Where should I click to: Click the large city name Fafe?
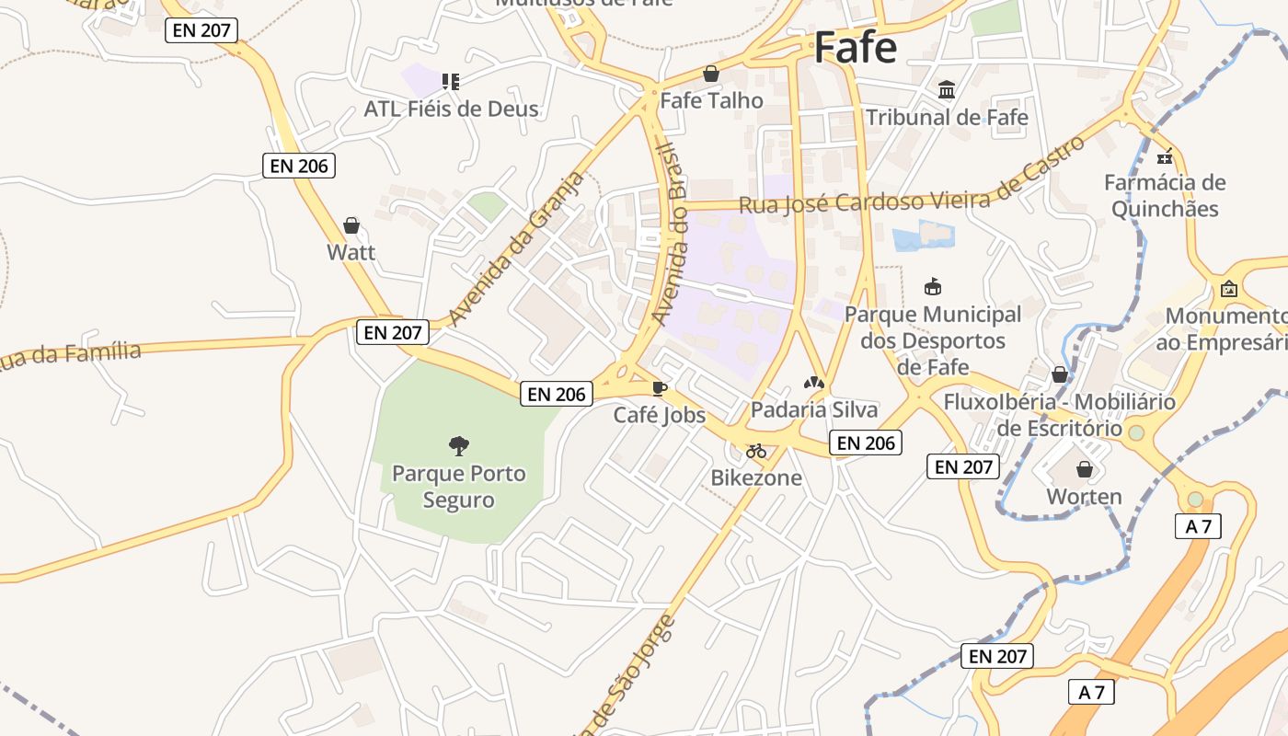(855, 48)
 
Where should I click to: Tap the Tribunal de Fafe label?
(947, 118)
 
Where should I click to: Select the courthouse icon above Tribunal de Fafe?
(947, 89)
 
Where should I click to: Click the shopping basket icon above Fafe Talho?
(710, 74)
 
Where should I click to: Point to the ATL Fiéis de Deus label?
(451, 109)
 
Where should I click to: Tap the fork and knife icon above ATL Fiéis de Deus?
(450, 82)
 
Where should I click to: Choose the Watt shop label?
(351, 252)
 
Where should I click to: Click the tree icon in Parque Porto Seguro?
(458, 446)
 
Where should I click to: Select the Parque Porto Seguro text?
(458, 487)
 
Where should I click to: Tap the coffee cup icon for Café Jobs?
(659, 388)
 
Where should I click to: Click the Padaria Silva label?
(814, 409)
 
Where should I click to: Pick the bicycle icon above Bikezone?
(756, 451)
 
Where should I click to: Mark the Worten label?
(1084, 497)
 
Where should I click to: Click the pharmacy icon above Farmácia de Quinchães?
(1165, 155)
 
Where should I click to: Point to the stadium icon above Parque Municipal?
(933, 287)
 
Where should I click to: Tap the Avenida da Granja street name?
(517, 248)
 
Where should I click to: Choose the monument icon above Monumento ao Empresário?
(1228, 289)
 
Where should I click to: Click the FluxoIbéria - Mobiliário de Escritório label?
(1059, 415)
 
